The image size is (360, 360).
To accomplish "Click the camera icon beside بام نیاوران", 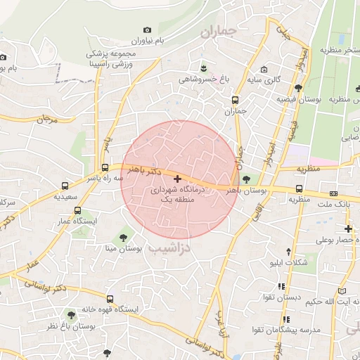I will pyautogui.click(x=147, y=30).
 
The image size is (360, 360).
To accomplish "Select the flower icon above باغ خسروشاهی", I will pyautogui.click(x=204, y=67).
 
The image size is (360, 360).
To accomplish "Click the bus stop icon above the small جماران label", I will pyautogui.click(x=235, y=99).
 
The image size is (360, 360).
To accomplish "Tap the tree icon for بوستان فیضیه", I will pyautogui.click(x=299, y=88).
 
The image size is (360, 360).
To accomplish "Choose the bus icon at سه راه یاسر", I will pyautogui.click(x=65, y=186).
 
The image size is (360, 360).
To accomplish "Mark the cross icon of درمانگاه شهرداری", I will pyautogui.click(x=176, y=180).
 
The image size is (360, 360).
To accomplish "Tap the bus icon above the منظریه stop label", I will pyautogui.click(x=300, y=188).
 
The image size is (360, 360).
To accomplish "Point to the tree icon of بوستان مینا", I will pyautogui.click(x=124, y=237).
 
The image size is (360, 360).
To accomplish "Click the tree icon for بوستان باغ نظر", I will pyautogui.click(x=72, y=314).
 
